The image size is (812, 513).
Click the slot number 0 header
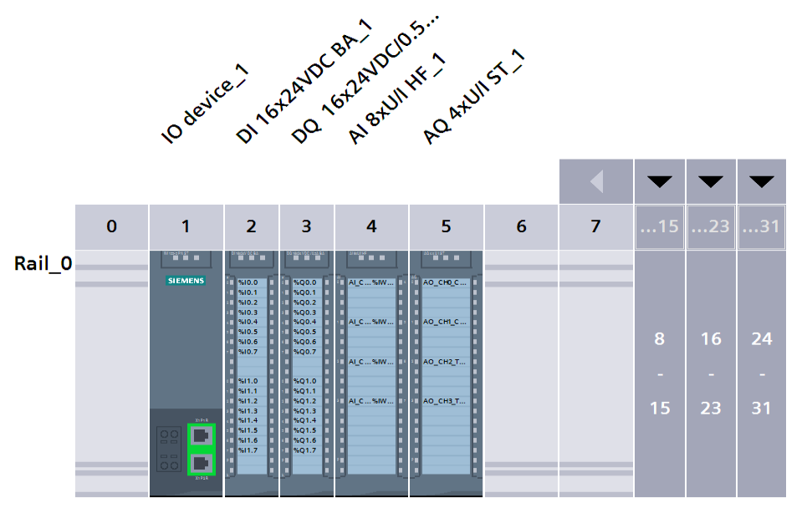click(x=111, y=226)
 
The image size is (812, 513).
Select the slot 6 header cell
click(x=521, y=226)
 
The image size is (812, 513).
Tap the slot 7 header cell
click(x=595, y=226)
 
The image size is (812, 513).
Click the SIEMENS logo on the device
click(x=186, y=281)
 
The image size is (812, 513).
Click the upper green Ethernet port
click(x=201, y=435)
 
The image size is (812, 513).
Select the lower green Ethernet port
click(x=201, y=463)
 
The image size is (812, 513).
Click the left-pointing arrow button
click(x=595, y=181)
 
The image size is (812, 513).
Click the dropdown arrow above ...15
click(x=660, y=181)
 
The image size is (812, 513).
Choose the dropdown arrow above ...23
click(x=711, y=181)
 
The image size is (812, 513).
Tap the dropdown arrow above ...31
click(x=762, y=181)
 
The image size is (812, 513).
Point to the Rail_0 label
click(x=43, y=264)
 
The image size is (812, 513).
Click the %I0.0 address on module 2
click(x=248, y=282)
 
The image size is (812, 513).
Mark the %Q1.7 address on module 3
click(x=305, y=450)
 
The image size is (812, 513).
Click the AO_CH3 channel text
click(x=444, y=401)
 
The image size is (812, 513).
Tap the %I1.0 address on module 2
click(x=248, y=381)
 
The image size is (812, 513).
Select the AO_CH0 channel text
click(x=444, y=282)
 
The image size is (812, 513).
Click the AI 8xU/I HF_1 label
click(x=397, y=99)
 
